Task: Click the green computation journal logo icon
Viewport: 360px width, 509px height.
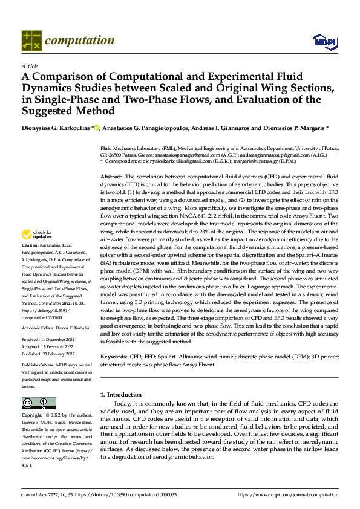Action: (31, 40)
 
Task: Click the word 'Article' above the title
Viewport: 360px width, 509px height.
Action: (30, 66)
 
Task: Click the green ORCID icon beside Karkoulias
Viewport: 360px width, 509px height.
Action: (96, 128)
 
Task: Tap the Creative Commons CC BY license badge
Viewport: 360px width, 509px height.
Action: (38, 403)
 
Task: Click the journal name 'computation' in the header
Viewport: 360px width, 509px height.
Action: (79, 41)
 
